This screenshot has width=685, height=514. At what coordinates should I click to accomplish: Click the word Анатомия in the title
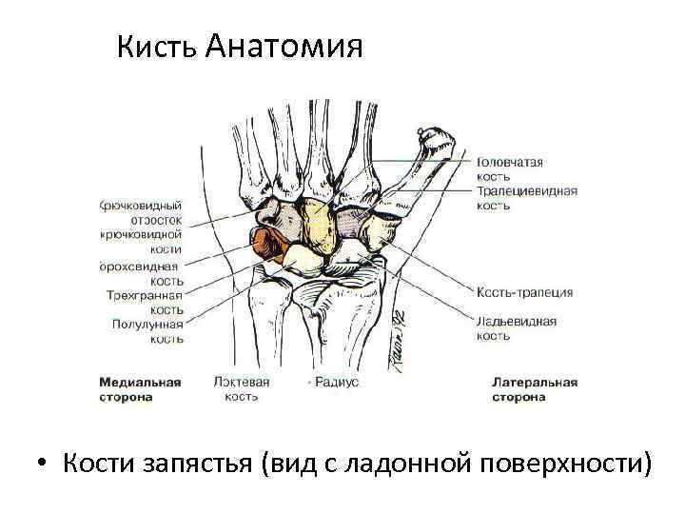284,46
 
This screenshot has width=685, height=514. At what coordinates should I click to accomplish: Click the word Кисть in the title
157,46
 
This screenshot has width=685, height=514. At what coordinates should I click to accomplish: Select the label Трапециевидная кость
526,198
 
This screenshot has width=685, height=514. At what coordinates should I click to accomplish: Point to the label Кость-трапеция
524,292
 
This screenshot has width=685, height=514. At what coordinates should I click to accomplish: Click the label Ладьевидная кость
517,328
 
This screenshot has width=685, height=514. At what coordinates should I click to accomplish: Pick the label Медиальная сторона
140,389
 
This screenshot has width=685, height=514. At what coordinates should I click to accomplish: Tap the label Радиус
334,383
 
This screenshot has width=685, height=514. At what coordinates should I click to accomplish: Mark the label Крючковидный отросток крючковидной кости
142,226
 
